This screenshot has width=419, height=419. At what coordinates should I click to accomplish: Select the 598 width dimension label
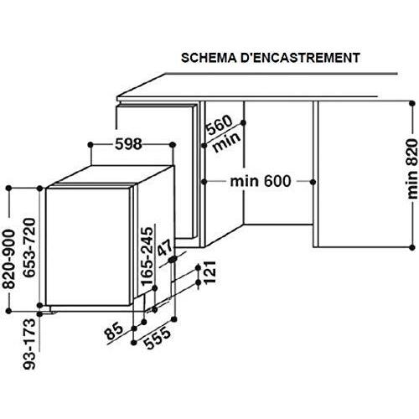pyautogui.click(x=128, y=144)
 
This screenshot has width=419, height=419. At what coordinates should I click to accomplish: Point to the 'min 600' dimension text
pyautogui.click(x=261, y=181)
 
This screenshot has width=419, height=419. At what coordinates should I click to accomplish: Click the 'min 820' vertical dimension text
pyautogui.click(x=412, y=169)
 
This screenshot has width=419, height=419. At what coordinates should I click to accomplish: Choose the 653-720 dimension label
pyautogui.click(x=29, y=247)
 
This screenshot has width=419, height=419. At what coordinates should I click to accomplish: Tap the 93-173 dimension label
pyautogui.click(x=29, y=344)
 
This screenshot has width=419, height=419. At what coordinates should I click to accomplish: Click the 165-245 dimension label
pyautogui.click(x=147, y=256)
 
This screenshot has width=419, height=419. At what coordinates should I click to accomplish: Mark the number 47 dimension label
pyautogui.click(x=165, y=248)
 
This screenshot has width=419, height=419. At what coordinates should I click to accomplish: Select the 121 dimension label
pyautogui.click(x=210, y=272)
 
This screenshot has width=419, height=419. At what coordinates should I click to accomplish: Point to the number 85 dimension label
pyautogui.click(x=114, y=331)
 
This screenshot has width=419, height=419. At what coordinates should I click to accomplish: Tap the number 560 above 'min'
pyautogui.click(x=219, y=125)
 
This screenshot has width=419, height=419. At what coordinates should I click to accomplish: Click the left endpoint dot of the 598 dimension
pyautogui.click(x=90, y=144)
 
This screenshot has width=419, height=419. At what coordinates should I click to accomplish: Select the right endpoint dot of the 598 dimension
pyautogui.click(x=173, y=144)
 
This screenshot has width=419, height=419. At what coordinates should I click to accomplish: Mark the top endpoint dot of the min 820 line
pyautogui.click(x=411, y=103)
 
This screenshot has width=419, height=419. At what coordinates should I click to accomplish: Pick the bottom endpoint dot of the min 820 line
pyautogui.click(x=411, y=247)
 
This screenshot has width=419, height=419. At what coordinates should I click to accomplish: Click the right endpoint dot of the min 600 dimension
pyautogui.click(x=313, y=182)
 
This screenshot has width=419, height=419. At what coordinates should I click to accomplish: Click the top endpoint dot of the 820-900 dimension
pyautogui.click(x=8, y=189)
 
